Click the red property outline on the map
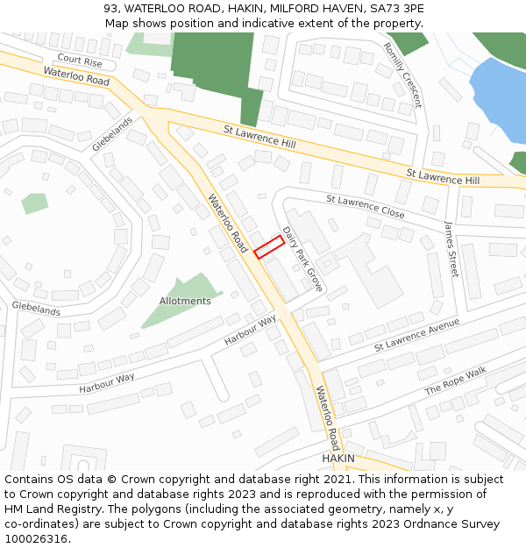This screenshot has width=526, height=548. point(269,246)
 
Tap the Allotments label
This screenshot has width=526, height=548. point(185,301)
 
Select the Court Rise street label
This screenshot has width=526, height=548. point(80,61)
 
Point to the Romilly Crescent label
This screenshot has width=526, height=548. point(403,75)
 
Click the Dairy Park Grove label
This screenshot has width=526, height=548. point(302,260)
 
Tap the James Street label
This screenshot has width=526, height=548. point(451,248)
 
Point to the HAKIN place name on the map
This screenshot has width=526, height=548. point(338,459)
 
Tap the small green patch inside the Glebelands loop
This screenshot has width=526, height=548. point(34,203)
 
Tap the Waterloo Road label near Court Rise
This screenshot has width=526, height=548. point(75,76)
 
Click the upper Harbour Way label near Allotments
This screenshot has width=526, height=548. point(250,330)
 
